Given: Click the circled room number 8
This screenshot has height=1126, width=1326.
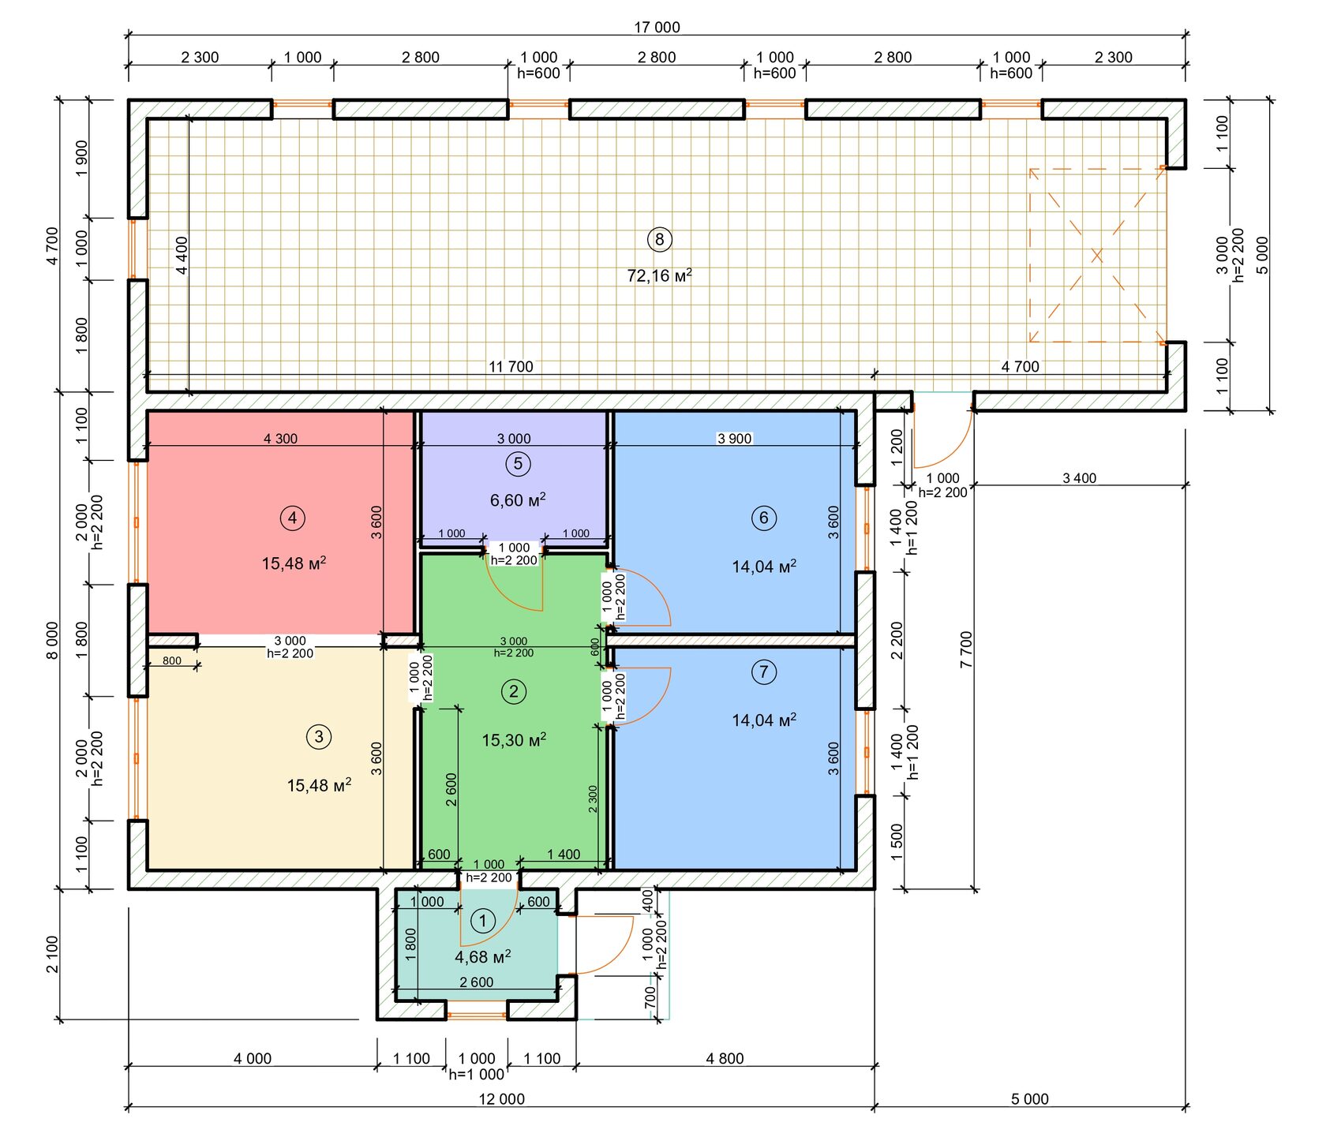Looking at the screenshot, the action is (659, 239).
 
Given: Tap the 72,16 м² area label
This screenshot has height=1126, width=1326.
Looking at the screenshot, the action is (659, 275).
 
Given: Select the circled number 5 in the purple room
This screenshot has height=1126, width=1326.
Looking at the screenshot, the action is (518, 464).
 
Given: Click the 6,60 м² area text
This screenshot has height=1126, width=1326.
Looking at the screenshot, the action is (518, 500).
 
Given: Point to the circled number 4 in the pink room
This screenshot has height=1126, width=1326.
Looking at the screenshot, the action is (293, 518).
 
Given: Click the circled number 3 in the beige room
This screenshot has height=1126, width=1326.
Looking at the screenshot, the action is (319, 737).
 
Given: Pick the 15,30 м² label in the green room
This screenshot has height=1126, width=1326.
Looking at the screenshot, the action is (514, 740).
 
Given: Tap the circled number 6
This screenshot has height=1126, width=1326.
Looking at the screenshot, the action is (763, 518).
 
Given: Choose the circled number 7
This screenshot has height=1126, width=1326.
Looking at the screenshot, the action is (763, 672).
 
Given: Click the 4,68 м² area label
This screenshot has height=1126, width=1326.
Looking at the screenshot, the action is (483, 957).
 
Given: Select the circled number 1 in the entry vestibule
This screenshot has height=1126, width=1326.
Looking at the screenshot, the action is (483, 921).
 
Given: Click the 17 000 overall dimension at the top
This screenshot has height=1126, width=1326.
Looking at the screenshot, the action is (657, 28).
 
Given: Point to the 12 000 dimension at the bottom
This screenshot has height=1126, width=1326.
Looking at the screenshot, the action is (502, 1099).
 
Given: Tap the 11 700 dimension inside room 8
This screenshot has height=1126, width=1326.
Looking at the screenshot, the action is (511, 367).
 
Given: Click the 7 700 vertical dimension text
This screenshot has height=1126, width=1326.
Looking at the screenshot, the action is (967, 649).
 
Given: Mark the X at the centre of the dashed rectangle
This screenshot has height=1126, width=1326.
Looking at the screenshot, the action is (1096, 256).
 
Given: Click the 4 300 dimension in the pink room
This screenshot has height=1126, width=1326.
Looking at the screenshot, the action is (280, 439).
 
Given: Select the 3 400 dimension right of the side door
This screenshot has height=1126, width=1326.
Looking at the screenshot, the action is (1079, 478).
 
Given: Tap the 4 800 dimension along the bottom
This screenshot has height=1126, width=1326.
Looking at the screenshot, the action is (725, 1059).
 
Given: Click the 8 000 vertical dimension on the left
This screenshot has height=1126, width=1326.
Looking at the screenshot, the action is (52, 641).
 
